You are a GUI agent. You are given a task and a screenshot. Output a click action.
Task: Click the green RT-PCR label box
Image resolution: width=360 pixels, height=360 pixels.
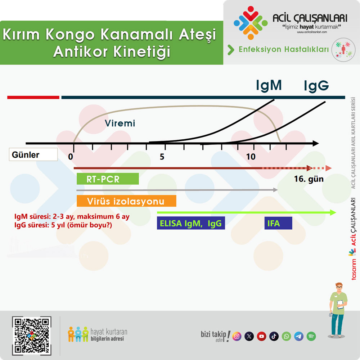pyautogui.click(x=108, y=179)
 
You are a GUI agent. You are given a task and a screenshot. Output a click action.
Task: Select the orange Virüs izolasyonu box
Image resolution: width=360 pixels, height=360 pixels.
pyautogui.click(x=126, y=201)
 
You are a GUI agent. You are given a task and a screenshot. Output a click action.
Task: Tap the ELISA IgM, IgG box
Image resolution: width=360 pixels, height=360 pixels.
pyautogui.click(x=191, y=223)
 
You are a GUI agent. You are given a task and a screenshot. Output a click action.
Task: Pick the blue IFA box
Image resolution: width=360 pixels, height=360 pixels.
pyautogui.click(x=278, y=223)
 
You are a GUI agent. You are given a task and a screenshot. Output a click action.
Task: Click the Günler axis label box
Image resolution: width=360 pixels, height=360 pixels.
pyautogui.click(x=33, y=154)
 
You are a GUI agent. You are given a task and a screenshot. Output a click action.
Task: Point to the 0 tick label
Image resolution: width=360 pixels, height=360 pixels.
pyautogui.click(x=71, y=157)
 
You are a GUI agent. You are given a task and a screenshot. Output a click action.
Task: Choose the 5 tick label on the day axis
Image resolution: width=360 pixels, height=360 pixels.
pyautogui.click(x=162, y=157)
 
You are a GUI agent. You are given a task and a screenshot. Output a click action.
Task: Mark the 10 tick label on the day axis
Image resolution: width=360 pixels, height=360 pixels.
pyautogui.click(x=251, y=157)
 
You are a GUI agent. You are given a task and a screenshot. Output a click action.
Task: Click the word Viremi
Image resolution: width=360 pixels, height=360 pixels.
pyautogui.click(x=120, y=123)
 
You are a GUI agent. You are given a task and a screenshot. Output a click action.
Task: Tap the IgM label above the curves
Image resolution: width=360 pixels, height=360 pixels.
pyautogui.click(x=269, y=85)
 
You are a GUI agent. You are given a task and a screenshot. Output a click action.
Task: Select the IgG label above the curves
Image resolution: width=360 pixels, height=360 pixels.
pyautogui.click(x=316, y=86)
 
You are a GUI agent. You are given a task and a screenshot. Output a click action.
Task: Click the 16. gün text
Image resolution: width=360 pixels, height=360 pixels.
pyautogui.click(x=309, y=179)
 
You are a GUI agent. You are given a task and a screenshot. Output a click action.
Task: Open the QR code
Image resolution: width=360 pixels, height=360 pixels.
pyautogui.click(x=32, y=336)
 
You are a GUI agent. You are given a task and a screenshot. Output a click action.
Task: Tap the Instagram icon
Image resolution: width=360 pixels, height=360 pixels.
pyautogui.click(x=237, y=336)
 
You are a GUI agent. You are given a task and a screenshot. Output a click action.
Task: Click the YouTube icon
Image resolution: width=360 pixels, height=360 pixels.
pyautogui.click(x=261, y=336)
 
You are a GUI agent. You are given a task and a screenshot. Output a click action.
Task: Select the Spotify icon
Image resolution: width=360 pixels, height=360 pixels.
pyautogui.click(x=311, y=336)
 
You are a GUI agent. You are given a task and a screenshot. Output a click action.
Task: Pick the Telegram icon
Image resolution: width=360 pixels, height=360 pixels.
pyautogui.click(x=299, y=336)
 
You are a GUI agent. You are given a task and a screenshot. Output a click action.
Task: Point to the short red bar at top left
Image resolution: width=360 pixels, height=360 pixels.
pyautogui.click(x=33, y=98)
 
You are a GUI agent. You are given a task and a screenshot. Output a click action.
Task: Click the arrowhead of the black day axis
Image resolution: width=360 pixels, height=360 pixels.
pyautogui.click(x=316, y=144)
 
